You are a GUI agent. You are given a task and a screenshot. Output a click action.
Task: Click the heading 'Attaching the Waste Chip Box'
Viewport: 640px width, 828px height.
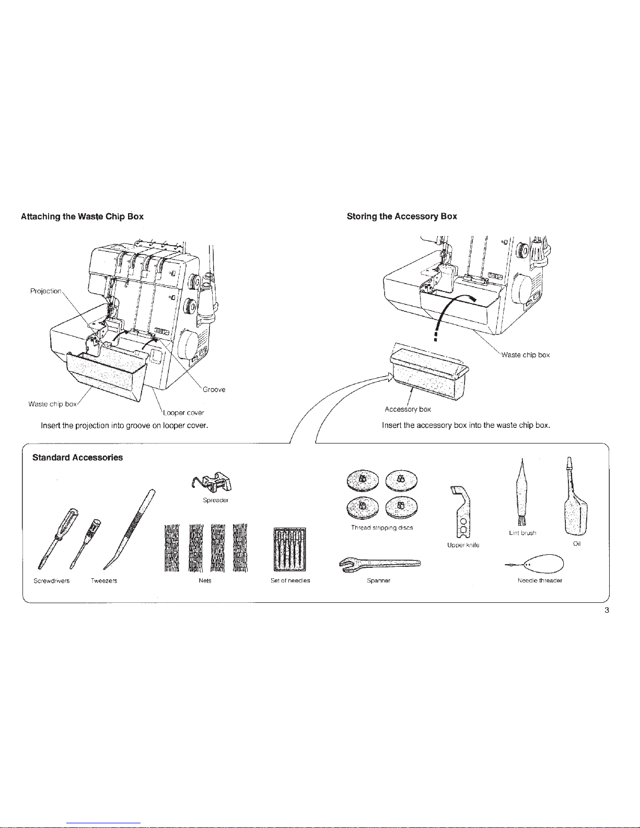click(x=83, y=216)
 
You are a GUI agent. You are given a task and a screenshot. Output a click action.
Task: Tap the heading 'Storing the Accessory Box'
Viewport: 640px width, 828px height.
click(x=402, y=216)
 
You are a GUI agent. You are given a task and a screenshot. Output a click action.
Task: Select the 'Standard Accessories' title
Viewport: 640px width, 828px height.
click(x=78, y=457)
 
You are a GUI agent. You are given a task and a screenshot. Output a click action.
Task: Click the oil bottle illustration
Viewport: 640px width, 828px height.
click(x=575, y=496)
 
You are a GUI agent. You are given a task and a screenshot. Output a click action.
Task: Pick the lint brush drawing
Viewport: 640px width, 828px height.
click(x=522, y=492)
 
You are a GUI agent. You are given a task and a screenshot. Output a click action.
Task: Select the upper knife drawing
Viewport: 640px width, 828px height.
click(x=462, y=512)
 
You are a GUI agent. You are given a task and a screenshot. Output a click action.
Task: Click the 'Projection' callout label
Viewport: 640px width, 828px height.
click(x=46, y=291)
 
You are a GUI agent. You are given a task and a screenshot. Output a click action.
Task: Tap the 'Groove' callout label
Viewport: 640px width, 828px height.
click(x=214, y=389)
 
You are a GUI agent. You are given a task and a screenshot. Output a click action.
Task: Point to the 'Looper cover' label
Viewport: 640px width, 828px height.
click(x=183, y=413)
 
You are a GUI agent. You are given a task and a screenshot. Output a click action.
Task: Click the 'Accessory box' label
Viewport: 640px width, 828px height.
click(x=408, y=409)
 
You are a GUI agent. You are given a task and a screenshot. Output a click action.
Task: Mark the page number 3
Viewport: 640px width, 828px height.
click(x=607, y=610)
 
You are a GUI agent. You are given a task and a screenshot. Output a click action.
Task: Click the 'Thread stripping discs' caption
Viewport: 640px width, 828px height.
click(x=382, y=528)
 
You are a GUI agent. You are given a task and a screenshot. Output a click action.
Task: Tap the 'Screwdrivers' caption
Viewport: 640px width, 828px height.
click(x=51, y=581)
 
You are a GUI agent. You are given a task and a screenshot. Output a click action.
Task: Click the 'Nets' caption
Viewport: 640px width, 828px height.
click(x=205, y=581)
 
